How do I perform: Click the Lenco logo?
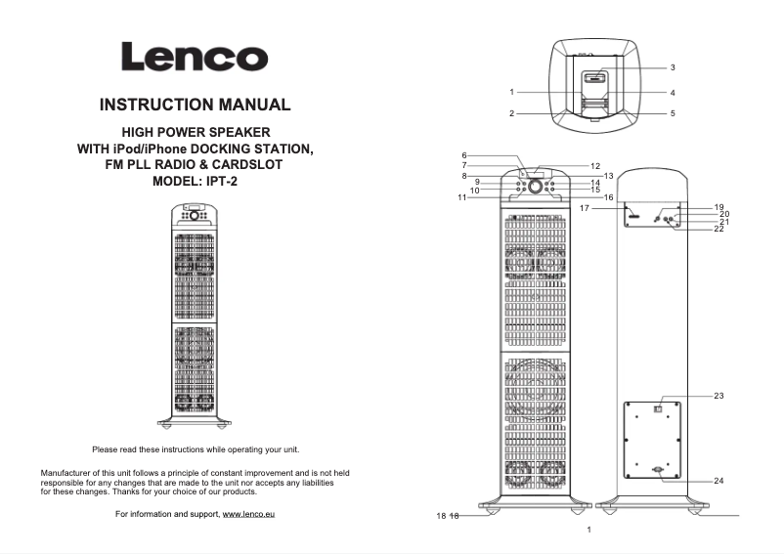195,57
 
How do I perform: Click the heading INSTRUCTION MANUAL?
195,105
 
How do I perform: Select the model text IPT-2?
223,182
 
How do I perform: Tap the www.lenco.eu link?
248,514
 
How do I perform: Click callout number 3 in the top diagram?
673,68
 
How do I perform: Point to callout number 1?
511,92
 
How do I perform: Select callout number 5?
673,113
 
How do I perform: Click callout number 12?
594,167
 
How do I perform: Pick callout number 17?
583,208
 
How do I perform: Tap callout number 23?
719,396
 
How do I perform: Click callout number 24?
719,481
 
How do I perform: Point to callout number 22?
719,229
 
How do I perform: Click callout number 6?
464,155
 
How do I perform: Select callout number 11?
460,197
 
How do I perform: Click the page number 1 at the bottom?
589,530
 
